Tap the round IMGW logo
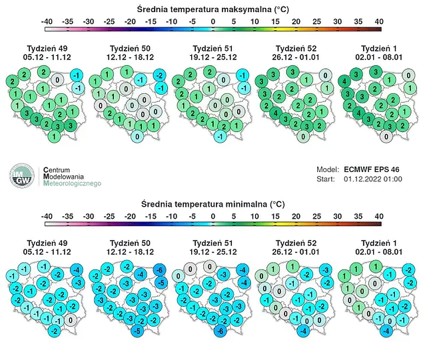[x=22, y=175]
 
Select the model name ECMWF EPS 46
[x=371, y=169]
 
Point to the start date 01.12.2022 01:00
[x=373, y=179]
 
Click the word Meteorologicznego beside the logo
[x=72, y=183]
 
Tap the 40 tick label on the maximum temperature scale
[x=379, y=21]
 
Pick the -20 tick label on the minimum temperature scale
[x=130, y=216]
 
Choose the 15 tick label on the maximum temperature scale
[x=275, y=21]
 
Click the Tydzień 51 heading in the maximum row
[x=213, y=49]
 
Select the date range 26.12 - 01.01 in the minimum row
[x=296, y=252]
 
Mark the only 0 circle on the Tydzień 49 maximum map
[x=57, y=80]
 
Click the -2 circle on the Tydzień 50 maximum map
[x=160, y=75]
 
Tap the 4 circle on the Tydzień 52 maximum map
[x=276, y=113]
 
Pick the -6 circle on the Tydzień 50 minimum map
[x=160, y=270]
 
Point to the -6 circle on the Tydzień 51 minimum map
[x=220, y=331]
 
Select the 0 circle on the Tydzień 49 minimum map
[x=71, y=319]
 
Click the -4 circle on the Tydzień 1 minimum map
[x=386, y=331]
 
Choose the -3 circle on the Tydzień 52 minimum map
[x=326, y=270]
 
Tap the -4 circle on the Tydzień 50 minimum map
[x=141, y=274]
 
